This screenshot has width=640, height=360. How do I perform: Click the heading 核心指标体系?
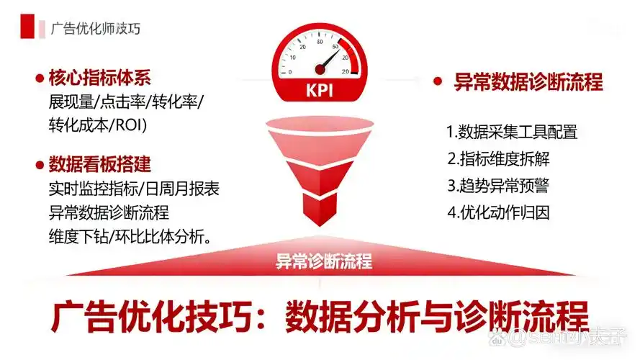click(x=100, y=78)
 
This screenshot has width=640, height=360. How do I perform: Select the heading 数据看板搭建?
click(x=100, y=164)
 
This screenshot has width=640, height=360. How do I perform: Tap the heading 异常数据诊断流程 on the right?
click(x=528, y=81)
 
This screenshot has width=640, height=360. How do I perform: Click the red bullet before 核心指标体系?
click(x=37, y=78)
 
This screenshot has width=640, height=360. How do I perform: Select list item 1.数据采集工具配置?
click(x=512, y=132)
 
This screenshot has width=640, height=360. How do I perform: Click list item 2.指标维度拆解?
click(x=498, y=158)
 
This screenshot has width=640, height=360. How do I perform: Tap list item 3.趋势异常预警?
click(x=498, y=185)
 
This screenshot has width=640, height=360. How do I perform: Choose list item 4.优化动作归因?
click(x=498, y=212)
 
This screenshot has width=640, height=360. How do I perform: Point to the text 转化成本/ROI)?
click(x=98, y=124)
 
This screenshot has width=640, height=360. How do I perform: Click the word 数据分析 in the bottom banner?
click(x=351, y=318)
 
